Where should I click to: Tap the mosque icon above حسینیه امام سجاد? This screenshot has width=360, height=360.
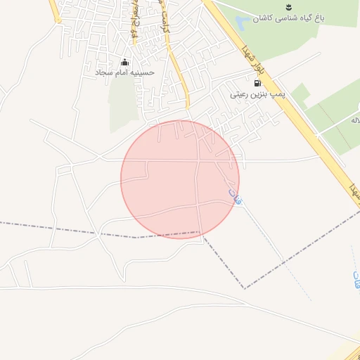[125, 62]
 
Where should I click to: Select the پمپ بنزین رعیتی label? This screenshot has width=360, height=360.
[257, 92]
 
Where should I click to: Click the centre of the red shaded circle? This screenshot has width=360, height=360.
[180, 179]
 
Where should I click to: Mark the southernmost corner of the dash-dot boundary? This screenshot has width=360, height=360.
[245, 288]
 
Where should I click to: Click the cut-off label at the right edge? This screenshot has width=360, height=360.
[355, 121]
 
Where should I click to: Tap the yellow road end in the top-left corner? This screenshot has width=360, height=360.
[54, 11]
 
